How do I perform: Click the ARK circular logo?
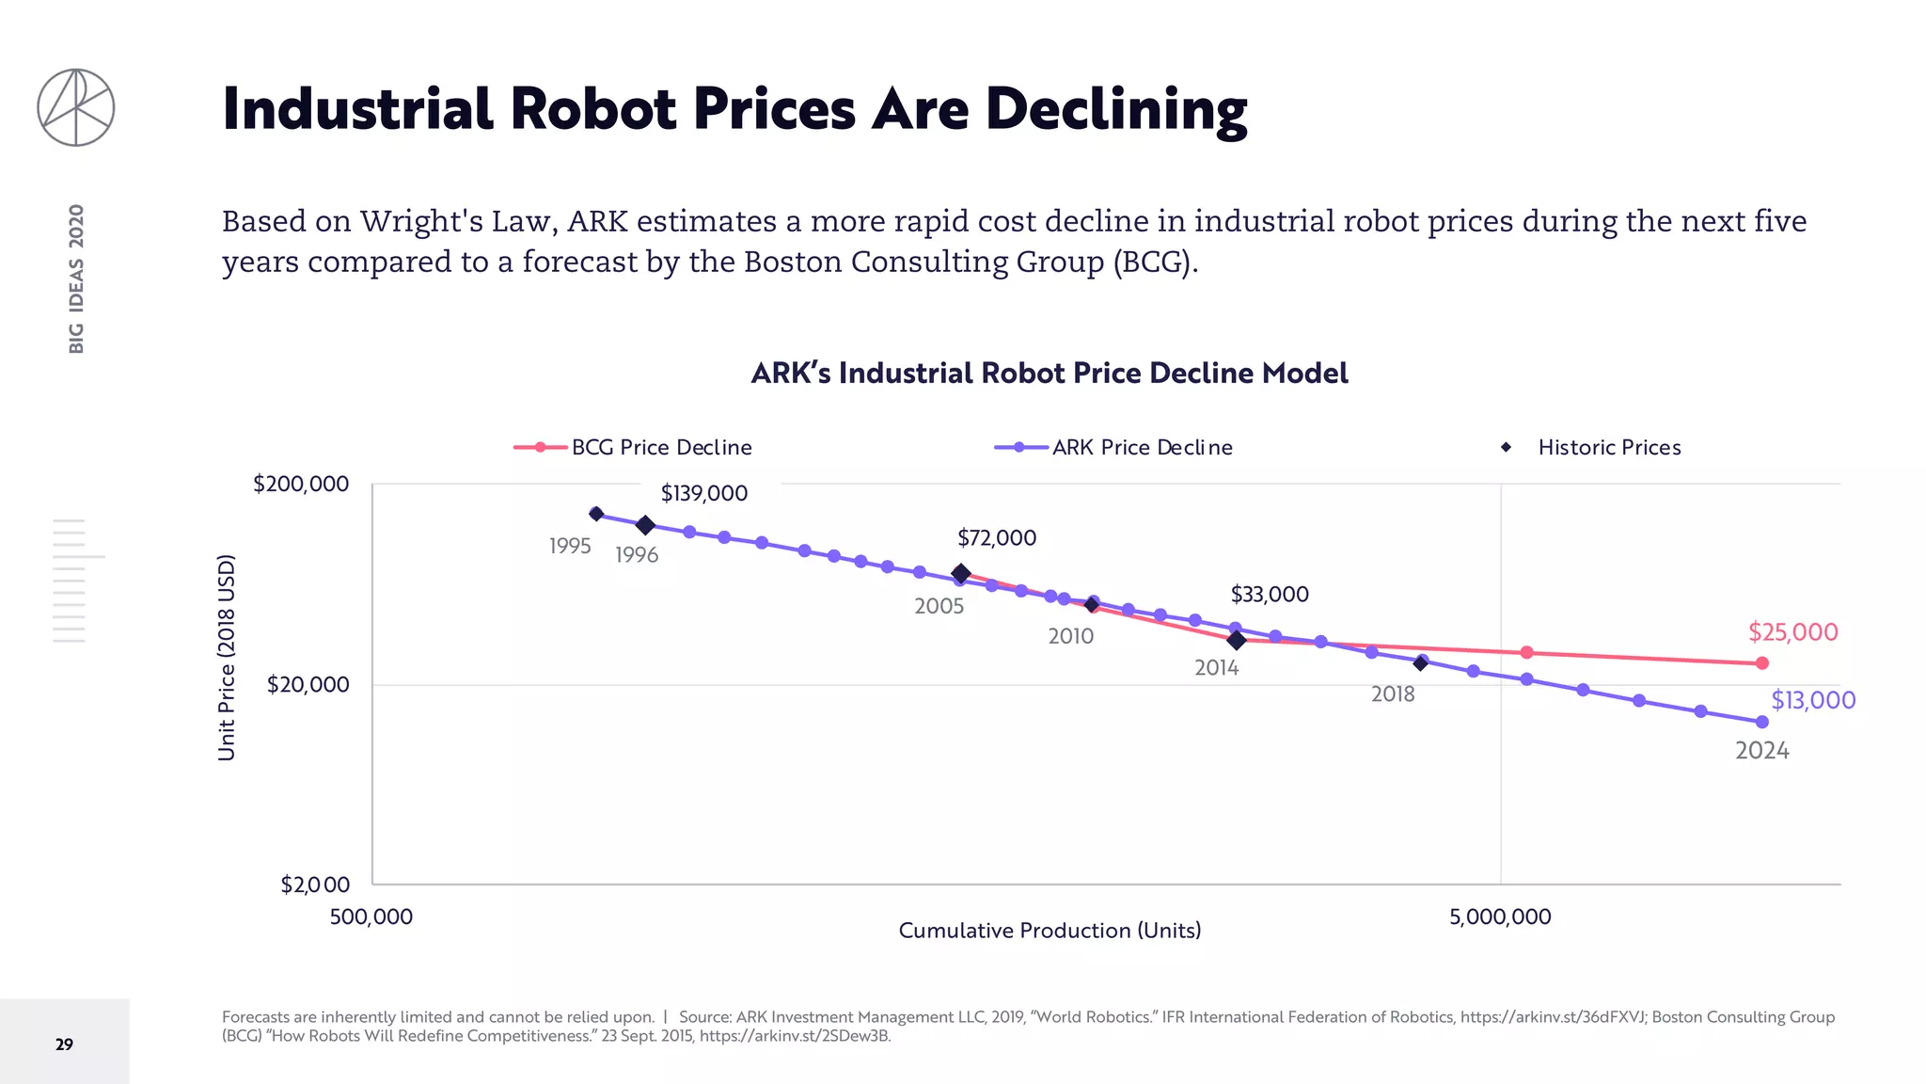click(x=76, y=107)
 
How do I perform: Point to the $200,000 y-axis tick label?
click(x=301, y=484)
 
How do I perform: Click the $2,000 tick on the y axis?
click(x=315, y=885)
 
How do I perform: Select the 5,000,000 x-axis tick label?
click(x=1500, y=917)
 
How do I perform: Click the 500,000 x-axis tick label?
click(x=371, y=917)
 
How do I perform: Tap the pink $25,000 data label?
click(x=1792, y=631)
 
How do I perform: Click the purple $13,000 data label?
click(x=1813, y=700)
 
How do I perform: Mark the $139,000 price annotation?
click(x=704, y=493)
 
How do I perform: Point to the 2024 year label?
click(x=1761, y=751)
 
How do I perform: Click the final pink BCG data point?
click(x=1762, y=663)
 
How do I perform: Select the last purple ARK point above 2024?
click(x=1762, y=722)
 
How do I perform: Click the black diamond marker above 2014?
click(x=1237, y=640)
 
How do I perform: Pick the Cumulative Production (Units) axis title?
click(x=1050, y=931)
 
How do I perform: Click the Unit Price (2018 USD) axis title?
click(x=227, y=658)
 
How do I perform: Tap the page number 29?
click(x=64, y=1044)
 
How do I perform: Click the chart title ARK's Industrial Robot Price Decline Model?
click(x=1050, y=374)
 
